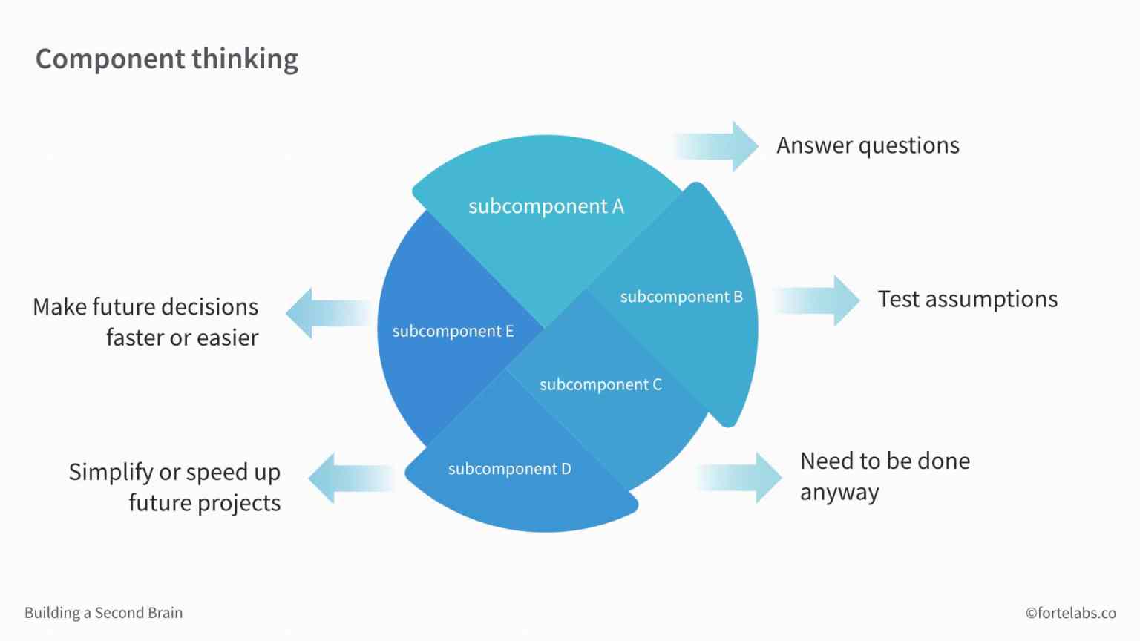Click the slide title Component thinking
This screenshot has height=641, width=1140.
[167, 59]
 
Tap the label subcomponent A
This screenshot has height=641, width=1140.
[546, 206]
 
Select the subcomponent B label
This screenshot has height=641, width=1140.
[681, 297]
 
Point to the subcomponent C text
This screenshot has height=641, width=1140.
[600, 384]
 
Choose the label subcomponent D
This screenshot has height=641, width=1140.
[509, 469]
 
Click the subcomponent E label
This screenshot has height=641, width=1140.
[453, 331]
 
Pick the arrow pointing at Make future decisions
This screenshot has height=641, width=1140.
[328, 314]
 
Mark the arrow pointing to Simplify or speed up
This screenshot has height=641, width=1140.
[350, 479]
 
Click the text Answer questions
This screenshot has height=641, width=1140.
[868, 146]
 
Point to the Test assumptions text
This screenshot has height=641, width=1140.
[967, 299]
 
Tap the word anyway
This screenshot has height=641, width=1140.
[839, 493]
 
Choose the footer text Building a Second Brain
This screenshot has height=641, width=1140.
[103, 613]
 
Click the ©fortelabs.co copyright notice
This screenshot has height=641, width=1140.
[1070, 613]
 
